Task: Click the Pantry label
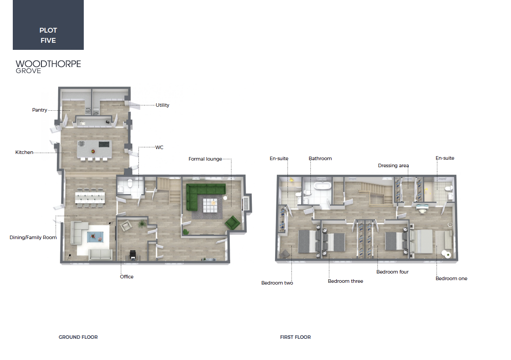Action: coord(39,110)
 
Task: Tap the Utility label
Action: coord(162,105)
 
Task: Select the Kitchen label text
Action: coord(24,152)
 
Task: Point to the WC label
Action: coord(159,147)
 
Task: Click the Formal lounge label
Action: coord(205,159)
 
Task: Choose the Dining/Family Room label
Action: coord(33,237)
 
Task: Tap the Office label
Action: coord(127,277)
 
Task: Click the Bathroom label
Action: coord(320,158)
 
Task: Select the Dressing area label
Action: coord(393,165)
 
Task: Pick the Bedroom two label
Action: coord(277,283)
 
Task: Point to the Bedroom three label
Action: coord(346,281)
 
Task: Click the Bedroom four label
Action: coord(392,272)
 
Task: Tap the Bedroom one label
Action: coord(451,278)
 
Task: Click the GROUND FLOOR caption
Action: coord(78,337)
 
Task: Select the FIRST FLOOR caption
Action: coord(295,337)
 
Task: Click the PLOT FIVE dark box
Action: coord(48,25)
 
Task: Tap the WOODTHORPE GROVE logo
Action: coord(48,67)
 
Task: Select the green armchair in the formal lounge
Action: coord(233,222)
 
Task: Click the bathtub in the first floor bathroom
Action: coord(322,186)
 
